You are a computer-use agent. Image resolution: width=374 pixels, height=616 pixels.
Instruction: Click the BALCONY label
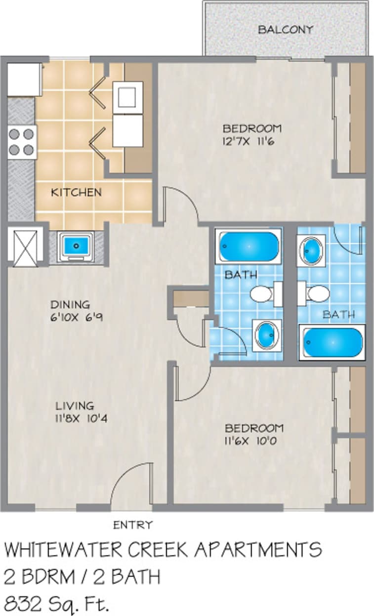(285, 30)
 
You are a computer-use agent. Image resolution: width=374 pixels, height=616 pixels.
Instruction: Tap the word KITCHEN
(76, 192)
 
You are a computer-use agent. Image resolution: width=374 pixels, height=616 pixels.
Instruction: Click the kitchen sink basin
(76, 246)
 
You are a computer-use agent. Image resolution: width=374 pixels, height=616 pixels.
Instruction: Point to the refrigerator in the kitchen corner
(24, 79)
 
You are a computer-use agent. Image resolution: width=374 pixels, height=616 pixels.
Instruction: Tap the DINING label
(70, 305)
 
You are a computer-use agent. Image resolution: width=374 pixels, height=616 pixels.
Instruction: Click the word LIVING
(75, 406)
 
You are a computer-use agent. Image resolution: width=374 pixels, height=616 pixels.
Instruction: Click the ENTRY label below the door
(133, 525)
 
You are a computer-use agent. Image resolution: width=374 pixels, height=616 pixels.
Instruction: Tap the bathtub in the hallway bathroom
(249, 246)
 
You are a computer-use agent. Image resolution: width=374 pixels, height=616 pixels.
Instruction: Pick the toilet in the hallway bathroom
(262, 294)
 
